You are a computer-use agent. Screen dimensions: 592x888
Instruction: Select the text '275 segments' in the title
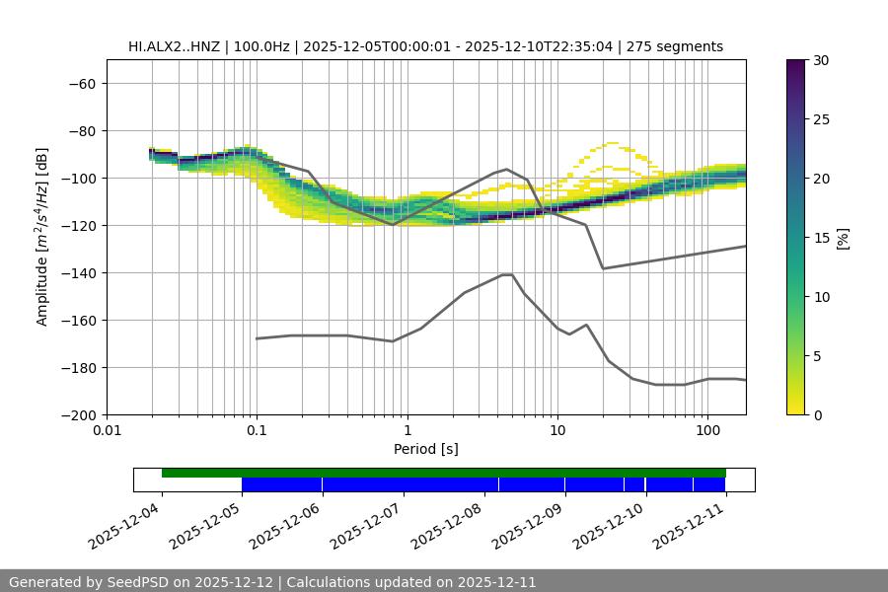point(682,46)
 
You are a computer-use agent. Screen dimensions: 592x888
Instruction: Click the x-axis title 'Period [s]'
point(426,450)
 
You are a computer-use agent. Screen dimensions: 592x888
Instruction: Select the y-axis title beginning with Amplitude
point(41,237)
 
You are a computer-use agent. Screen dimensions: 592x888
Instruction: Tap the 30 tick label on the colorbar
point(821,60)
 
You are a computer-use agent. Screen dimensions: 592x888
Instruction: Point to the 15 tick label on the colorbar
point(821,238)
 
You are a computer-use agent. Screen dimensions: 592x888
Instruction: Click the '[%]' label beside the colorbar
point(843,238)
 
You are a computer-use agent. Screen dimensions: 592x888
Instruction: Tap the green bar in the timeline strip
point(444,473)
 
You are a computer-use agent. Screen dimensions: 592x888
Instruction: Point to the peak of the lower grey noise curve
point(507,274)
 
